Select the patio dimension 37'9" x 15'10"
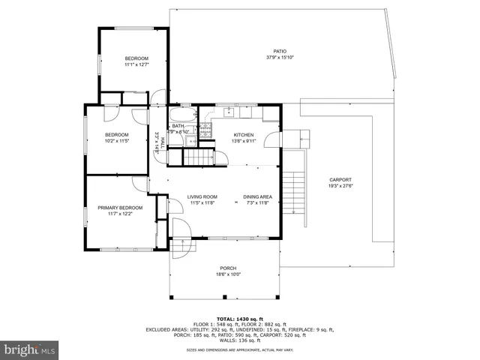point(280,58)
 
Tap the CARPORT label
point(340,181)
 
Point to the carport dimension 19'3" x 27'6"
point(340,187)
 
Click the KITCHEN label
point(244,134)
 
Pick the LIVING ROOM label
point(202,196)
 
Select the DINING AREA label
point(257,196)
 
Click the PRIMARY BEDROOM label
point(120,208)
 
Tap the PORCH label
point(228,268)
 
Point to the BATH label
point(178,126)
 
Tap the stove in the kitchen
point(205,128)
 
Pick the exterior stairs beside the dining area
point(297,183)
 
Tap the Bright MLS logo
point(30,349)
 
